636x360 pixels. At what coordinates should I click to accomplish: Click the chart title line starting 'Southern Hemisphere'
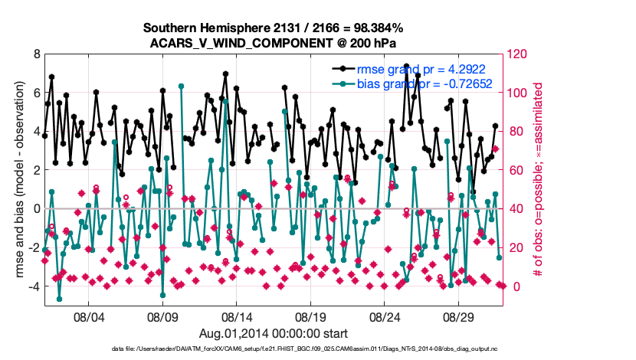[274, 28]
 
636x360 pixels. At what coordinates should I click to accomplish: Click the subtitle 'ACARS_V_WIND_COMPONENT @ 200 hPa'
[274, 42]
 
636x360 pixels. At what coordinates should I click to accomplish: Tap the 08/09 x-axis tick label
[162, 316]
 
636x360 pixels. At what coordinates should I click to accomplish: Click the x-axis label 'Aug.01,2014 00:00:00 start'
[274, 333]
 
